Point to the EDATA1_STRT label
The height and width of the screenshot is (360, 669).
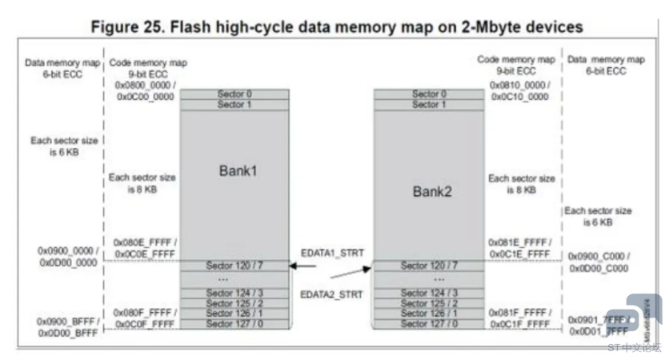[333, 253]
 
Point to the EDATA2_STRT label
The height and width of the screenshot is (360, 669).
[333, 294]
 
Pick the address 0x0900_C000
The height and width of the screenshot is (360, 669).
[599, 256]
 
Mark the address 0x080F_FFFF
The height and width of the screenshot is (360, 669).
[144, 313]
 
